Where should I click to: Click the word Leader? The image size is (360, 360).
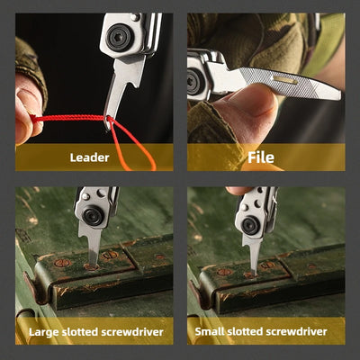coord(89,157)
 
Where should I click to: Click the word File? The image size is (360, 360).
coord(261,157)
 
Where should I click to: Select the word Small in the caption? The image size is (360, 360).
coord(210,331)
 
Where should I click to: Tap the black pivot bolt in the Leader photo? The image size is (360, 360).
coord(120,37)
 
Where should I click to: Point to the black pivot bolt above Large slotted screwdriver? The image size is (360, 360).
coord(94,216)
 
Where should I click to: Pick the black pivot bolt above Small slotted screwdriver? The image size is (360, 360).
coord(251,225)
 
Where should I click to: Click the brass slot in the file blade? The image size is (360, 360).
coord(285,79)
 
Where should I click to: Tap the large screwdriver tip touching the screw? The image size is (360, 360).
coord(94,264)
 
